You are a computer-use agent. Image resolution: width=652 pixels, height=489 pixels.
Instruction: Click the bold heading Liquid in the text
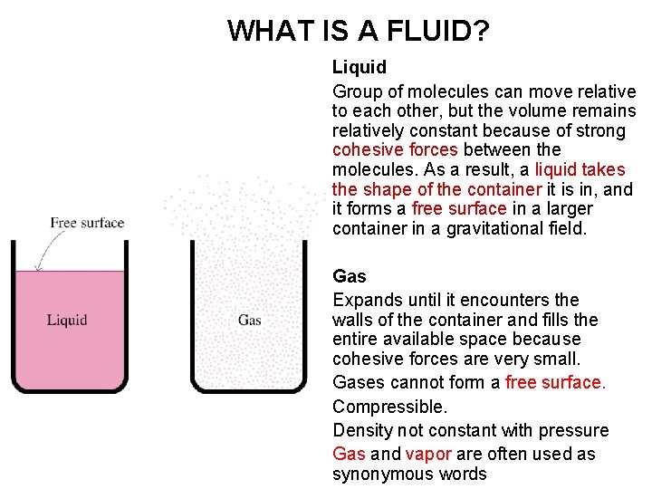click(x=360, y=67)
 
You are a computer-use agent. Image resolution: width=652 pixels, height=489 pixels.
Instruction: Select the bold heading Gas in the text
click(x=349, y=276)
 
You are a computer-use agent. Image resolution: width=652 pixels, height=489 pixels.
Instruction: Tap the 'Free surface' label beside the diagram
click(x=87, y=223)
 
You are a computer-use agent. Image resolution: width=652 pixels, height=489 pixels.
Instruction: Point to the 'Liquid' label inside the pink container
click(x=67, y=320)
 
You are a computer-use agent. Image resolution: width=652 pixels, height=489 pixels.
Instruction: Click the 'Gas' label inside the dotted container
click(x=250, y=320)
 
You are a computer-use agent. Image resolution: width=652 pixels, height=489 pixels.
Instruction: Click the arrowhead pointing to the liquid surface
click(x=37, y=267)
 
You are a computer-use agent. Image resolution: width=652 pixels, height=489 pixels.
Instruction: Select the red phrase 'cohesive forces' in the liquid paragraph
click(x=395, y=150)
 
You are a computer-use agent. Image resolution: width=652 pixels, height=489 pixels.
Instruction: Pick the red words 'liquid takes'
click(x=580, y=170)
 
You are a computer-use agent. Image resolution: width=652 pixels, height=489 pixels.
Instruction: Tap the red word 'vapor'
click(x=428, y=455)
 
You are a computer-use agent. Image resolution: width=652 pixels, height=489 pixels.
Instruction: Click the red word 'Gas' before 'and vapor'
click(x=349, y=455)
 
